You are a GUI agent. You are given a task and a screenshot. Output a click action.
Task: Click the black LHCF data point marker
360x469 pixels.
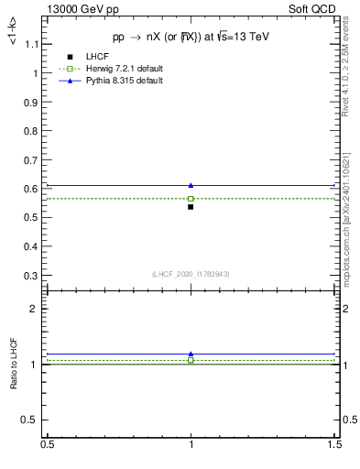(191, 207)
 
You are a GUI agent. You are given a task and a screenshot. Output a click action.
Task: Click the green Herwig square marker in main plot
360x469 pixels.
(191, 198)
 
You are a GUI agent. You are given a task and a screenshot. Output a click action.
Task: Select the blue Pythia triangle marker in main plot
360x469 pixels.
(191, 185)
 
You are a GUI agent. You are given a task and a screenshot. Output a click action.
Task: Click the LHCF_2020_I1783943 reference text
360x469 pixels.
(191, 274)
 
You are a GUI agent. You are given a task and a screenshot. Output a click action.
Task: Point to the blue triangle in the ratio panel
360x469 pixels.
(191, 354)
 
